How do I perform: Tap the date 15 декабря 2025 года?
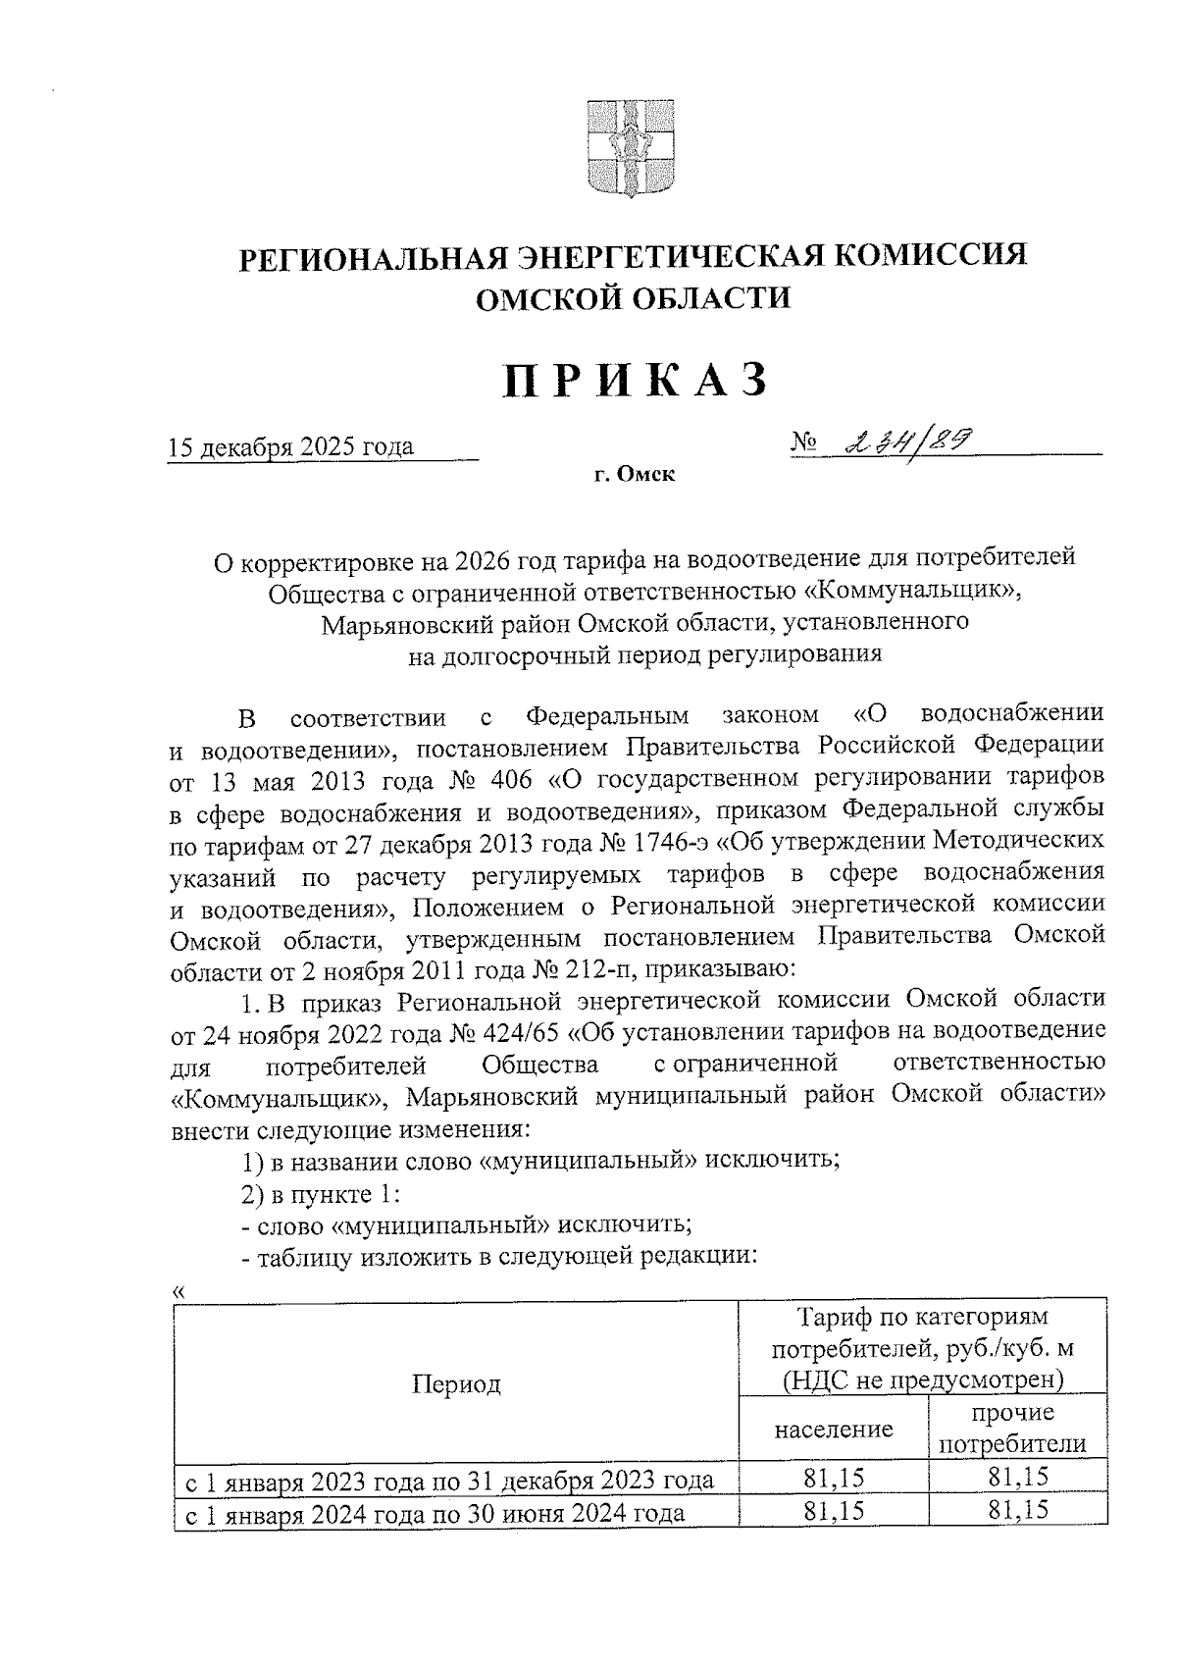291,447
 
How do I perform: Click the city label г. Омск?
634,476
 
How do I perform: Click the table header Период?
456,1384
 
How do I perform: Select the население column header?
834,1429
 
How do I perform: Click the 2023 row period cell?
450,1481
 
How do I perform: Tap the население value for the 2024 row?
834,1512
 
